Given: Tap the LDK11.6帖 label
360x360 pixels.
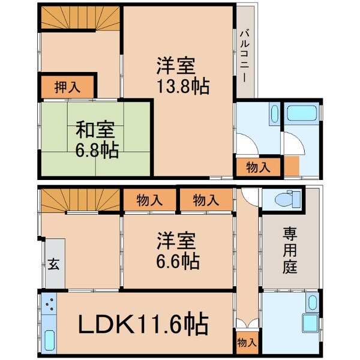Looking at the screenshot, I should click(143, 325).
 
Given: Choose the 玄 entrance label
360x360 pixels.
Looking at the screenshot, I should click(53, 265).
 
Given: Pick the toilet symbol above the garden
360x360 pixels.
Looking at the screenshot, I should click(284, 199).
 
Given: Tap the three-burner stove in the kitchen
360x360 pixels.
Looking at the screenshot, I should click(48, 307).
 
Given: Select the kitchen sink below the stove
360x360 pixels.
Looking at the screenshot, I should click(48, 340).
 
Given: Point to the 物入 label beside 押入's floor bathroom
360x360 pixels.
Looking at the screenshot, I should click(258, 167).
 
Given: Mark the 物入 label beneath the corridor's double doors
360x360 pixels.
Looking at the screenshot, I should click(247, 343).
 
